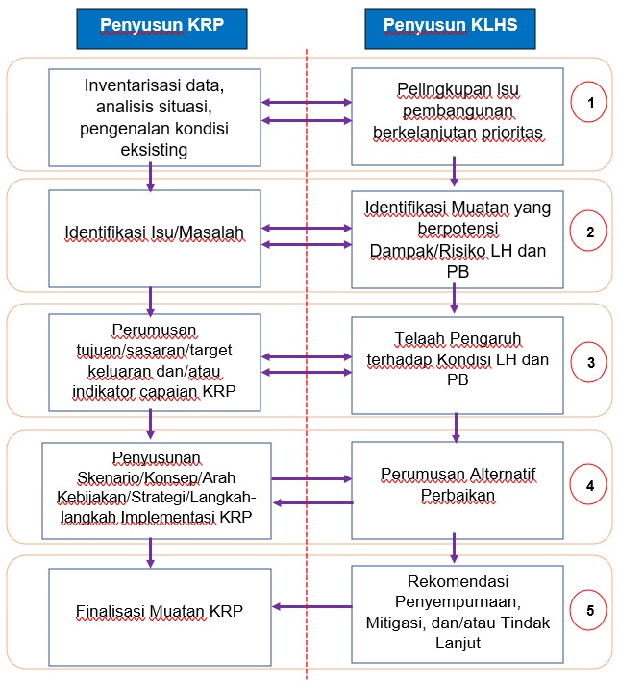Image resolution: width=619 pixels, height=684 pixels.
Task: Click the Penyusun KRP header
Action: point(161,29)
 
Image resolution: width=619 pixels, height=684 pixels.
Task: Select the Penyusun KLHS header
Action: point(450,29)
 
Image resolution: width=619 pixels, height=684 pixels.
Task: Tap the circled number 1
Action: point(588,102)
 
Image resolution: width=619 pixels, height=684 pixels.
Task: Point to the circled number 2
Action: point(588,231)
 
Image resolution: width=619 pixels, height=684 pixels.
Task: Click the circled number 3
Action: point(589,362)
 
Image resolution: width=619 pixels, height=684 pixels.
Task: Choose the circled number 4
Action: point(588,484)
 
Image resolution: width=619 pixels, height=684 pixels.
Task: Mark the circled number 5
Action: point(589,610)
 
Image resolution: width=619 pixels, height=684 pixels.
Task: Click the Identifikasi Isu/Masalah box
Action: point(155,238)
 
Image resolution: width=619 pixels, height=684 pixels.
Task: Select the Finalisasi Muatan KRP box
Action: point(160,617)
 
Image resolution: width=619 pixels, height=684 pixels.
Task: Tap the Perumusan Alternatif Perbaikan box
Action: point(458,490)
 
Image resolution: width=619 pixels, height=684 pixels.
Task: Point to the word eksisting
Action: point(154,150)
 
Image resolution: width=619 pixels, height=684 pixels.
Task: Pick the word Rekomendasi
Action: point(458,581)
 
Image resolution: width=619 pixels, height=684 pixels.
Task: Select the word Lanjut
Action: point(458,643)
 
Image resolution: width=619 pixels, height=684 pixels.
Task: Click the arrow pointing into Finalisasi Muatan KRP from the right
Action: point(312,606)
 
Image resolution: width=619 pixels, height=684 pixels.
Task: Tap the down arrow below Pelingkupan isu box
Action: point(454,171)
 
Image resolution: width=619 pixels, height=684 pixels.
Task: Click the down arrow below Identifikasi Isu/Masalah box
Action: point(151,302)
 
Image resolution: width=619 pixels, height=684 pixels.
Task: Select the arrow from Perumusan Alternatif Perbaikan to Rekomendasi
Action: point(454,548)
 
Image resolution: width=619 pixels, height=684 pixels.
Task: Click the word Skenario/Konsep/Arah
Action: point(157,477)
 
